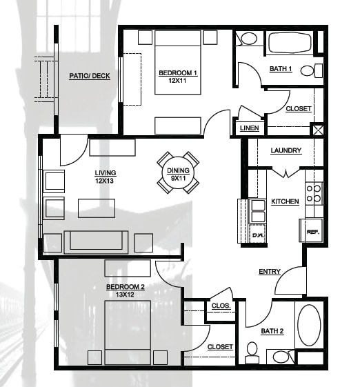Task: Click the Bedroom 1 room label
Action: click(177, 73)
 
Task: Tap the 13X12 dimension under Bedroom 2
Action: click(126, 295)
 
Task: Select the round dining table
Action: click(178, 172)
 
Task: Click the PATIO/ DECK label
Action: click(90, 76)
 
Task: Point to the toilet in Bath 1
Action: click(312, 70)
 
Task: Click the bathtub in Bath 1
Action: click(290, 42)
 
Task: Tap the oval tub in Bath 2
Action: click(309, 325)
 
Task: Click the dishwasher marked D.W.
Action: click(257, 234)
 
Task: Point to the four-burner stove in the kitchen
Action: click(314, 193)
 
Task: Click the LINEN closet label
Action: click(249, 128)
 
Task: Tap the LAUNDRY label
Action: click(286, 150)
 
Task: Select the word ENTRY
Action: click(270, 272)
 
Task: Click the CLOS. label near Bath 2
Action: click(221, 306)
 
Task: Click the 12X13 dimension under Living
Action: click(104, 181)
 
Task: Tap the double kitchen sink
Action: click(257, 211)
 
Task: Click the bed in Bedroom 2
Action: click(128, 333)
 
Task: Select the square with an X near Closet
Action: click(318, 130)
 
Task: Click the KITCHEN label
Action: click(285, 201)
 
